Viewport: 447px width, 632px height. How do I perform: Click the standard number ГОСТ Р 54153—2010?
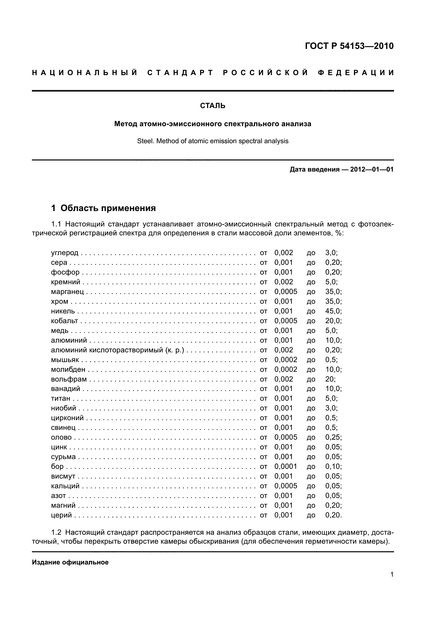(x=349, y=46)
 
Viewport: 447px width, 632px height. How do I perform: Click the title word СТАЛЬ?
(x=213, y=106)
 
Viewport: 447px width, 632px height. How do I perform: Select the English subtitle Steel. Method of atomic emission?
(x=213, y=141)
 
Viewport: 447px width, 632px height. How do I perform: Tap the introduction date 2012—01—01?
(x=372, y=169)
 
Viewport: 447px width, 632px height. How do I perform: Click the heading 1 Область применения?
(x=104, y=208)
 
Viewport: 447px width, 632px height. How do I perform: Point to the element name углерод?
(x=65, y=253)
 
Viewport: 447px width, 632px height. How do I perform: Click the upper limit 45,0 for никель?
(x=333, y=311)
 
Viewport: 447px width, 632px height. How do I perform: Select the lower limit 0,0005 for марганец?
(x=286, y=292)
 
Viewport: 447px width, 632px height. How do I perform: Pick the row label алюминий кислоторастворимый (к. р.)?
(x=117, y=350)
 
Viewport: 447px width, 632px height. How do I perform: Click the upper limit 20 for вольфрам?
(x=330, y=379)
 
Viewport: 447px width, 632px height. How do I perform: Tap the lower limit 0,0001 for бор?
(x=286, y=466)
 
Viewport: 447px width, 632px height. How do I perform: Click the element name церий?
(x=61, y=515)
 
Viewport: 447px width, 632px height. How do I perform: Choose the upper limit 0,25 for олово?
(x=333, y=437)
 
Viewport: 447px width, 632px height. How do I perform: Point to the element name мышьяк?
(x=65, y=360)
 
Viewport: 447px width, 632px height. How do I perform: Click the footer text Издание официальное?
(x=70, y=562)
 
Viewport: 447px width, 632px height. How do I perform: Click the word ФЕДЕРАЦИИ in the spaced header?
(x=356, y=73)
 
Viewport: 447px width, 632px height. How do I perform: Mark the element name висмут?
(x=63, y=476)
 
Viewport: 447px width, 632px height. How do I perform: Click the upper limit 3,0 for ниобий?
(x=331, y=408)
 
